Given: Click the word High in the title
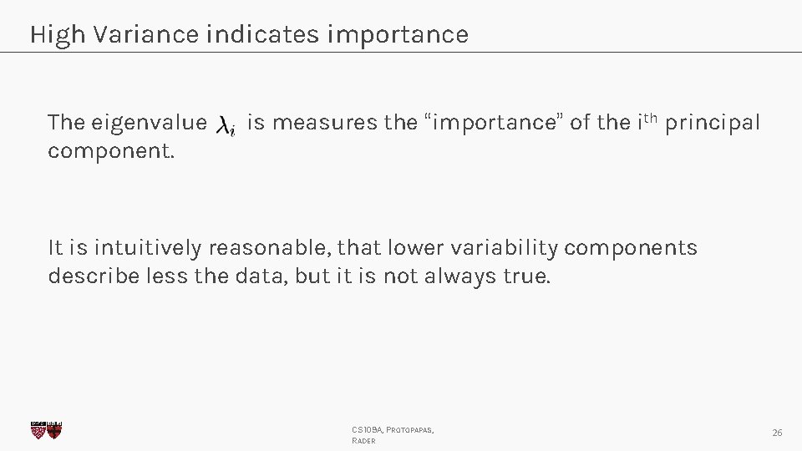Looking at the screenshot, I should (58, 35).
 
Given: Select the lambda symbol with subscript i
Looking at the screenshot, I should (226, 126).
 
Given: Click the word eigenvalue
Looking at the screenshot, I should (149, 124).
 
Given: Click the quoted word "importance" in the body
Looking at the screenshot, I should (495, 124).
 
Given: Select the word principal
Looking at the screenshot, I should (713, 124).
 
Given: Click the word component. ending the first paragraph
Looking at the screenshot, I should (111, 151).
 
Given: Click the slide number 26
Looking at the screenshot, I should (777, 433).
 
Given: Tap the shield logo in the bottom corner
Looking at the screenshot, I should (47, 430).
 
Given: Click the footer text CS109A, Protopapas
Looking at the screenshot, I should (393, 429).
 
